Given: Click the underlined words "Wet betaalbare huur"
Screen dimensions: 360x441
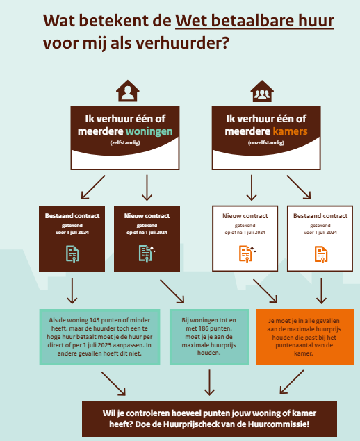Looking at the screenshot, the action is click(254, 21).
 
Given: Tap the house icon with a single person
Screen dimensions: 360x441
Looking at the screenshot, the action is click(128, 90).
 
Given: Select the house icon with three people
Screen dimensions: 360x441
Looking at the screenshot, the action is click(262, 91).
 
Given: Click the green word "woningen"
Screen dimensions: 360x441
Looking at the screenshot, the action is click(149, 131).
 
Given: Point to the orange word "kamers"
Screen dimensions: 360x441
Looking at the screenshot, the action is click(290, 131).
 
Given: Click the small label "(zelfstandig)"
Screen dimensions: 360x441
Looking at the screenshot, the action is click(125, 142).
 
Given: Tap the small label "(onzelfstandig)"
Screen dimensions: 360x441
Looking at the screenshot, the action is click(266, 142).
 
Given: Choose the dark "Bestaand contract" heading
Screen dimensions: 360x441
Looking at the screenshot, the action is click(72, 216).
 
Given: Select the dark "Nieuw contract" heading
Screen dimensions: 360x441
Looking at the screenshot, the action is click(147, 216).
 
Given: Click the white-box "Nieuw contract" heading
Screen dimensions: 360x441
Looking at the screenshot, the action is click(245, 216).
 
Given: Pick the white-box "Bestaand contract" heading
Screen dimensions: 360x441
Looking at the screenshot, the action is click(320, 216).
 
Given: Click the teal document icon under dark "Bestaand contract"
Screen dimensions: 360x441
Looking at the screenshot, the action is click(72, 253).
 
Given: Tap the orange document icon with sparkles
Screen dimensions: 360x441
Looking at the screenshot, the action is click(247, 253).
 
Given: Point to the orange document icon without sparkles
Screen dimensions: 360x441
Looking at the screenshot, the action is click(321, 254).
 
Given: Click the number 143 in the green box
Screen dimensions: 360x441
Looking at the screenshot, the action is click(95, 320).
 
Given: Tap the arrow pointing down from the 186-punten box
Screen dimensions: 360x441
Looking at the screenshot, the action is click(209, 383).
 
